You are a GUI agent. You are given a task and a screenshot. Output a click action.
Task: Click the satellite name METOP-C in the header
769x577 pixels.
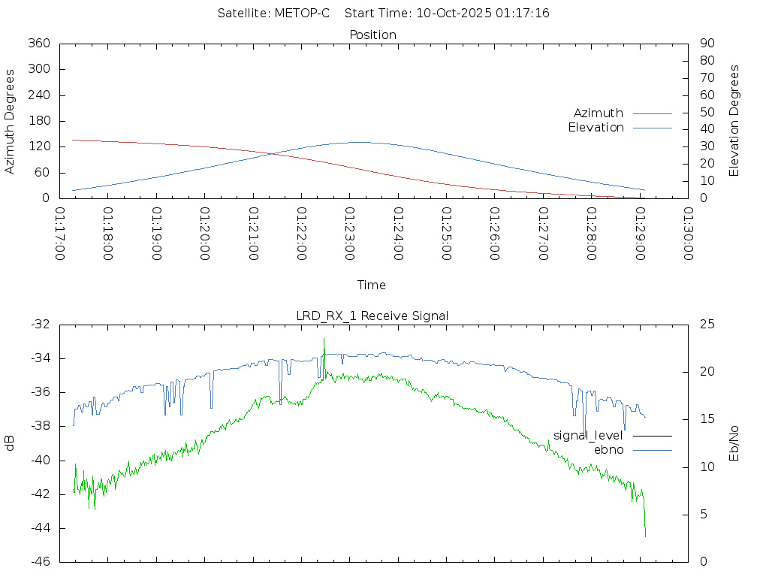[x=303, y=14]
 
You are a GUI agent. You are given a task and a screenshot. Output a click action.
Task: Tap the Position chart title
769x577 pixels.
[x=373, y=35]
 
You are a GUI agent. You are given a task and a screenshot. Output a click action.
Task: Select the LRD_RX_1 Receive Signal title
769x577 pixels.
[x=372, y=316]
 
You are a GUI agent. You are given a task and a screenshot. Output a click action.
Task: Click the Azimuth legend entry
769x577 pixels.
[x=599, y=113]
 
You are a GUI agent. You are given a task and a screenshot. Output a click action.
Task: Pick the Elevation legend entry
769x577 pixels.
[x=596, y=128]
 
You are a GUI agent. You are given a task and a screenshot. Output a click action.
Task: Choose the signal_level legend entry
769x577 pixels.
[x=588, y=436]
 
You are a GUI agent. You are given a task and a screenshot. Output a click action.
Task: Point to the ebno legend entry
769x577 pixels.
[x=609, y=450]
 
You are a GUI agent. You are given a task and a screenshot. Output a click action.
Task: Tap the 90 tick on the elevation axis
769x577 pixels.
[x=706, y=44]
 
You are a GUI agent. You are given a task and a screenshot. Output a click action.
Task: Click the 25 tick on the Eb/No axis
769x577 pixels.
[x=707, y=325]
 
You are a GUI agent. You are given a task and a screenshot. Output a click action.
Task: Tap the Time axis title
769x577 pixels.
[x=372, y=285]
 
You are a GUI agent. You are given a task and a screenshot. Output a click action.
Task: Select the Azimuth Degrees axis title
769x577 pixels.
[x=10, y=121]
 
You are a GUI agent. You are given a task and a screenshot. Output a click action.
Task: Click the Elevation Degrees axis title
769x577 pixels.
[x=734, y=121]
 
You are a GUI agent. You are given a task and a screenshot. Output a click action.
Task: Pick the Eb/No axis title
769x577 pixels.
[x=734, y=443]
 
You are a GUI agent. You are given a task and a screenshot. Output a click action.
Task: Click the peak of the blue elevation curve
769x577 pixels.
[x=359, y=142]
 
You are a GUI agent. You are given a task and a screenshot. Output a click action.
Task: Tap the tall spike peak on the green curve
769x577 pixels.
[x=324, y=339]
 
